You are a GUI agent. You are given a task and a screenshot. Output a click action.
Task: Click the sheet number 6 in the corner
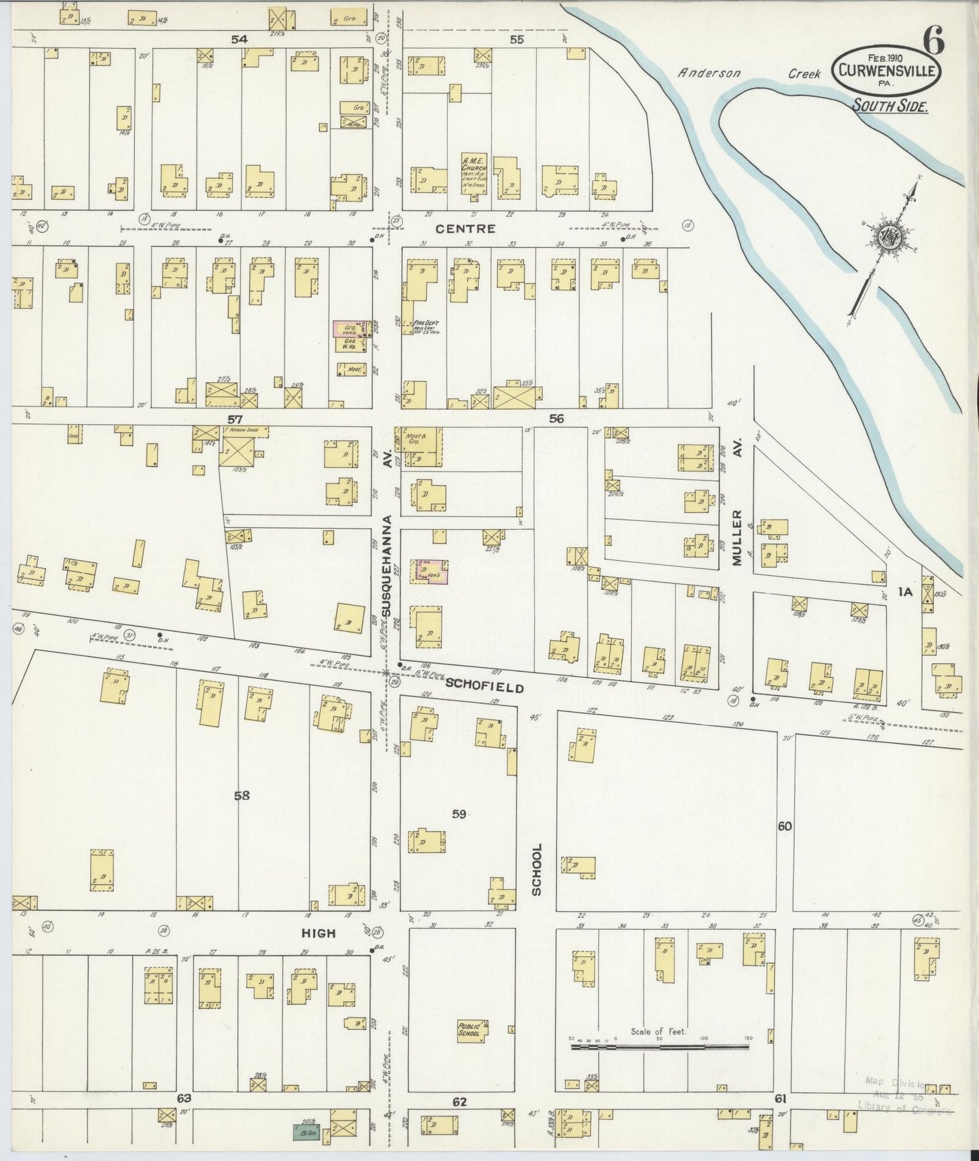pyautogui.click(x=933, y=43)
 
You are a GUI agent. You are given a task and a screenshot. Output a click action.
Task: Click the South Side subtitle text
pyautogui.click(x=890, y=105)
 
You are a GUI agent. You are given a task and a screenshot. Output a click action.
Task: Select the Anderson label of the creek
pyautogui.click(x=709, y=73)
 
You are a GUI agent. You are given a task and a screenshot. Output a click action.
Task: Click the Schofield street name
pyautogui.click(x=484, y=687)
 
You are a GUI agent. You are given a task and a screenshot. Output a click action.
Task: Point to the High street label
pyautogui.click(x=318, y=933)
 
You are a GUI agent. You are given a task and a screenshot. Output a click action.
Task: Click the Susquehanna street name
pyautogui.click(x=387, y=566)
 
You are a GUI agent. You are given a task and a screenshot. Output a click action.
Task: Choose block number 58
pyautogui.click(x=242, y=796)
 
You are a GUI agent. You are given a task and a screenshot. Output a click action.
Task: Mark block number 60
pyautogui.click(x=785, y=826)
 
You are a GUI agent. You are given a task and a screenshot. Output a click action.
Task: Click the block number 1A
pyautogui.click(x=906, y=592)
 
